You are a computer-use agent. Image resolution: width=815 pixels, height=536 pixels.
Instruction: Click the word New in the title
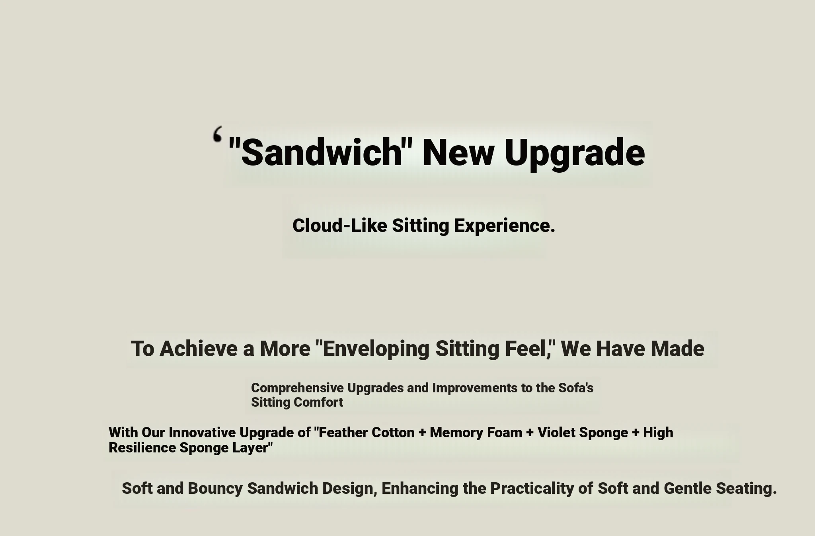click(x=458, y=153)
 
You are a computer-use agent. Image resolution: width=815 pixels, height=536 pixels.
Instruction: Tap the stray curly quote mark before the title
click(x=217, y=134)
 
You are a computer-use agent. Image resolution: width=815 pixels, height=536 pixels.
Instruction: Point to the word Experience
click(x=505, y=226)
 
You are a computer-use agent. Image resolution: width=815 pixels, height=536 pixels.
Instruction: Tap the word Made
click(x=677, y=349)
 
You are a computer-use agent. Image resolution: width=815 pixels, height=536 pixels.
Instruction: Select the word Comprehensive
click(x=297, y=388)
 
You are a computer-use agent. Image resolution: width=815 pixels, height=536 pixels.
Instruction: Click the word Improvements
click(x=474, y=388)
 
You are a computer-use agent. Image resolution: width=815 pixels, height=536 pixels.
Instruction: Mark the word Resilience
click(x=142, y=448)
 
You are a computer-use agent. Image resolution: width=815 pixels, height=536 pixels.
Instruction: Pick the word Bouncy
click(x=215, y=489)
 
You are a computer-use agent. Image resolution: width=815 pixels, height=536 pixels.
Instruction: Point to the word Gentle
click(x=688, y=488)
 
